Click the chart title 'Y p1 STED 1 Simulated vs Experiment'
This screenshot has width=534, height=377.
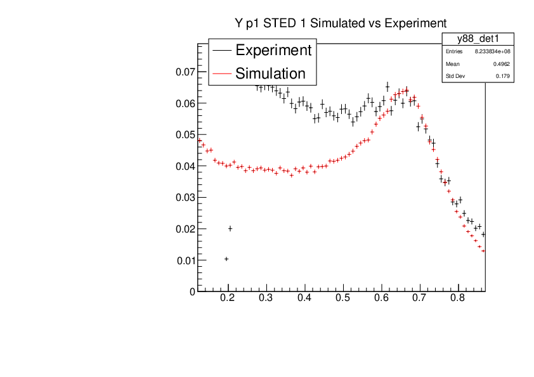pos(341,23)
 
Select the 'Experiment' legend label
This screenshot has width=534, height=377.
pos(273,50)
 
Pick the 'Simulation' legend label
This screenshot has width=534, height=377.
pos(270,73)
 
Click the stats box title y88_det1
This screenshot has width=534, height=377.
pos(478,39)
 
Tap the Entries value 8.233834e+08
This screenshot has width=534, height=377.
pos(492,51)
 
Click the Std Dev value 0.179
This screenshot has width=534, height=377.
pos(502,77)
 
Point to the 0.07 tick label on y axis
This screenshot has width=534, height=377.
pos(185,72)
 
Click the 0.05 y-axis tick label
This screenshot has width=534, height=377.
pos(185,135)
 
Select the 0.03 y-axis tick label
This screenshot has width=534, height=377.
pos(185,198)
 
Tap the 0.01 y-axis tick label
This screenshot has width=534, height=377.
pos(185,260)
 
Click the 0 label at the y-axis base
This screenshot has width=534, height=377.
pos(192,291)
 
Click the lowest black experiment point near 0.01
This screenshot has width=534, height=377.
pos(226,259)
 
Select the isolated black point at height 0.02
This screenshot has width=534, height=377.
pos(230,229)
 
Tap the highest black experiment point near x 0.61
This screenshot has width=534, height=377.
pos(387,87)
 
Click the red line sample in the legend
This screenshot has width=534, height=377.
pos(221,73)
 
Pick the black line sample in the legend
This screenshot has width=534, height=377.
pos(221,51)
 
